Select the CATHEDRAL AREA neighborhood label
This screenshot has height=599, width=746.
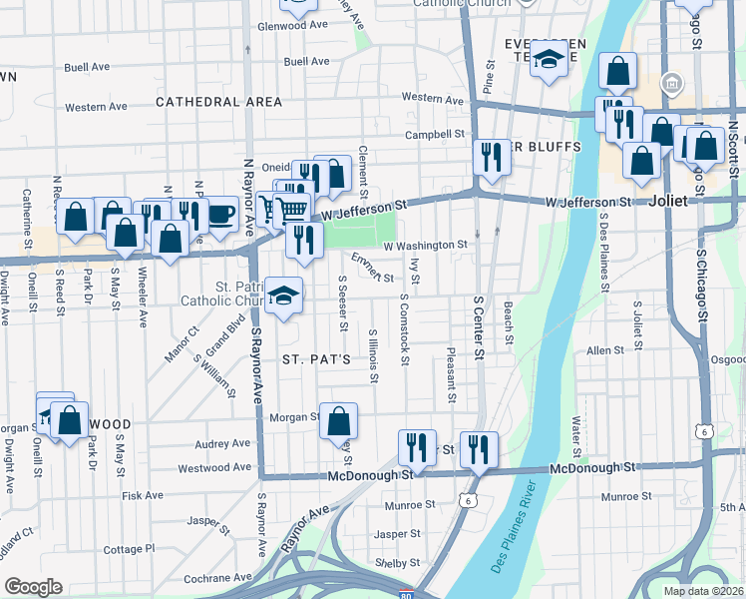211,102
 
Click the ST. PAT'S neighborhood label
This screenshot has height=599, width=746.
315,358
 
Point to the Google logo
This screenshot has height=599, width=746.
33,587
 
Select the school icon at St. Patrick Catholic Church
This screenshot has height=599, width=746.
284,294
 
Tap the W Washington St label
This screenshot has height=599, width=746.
425,245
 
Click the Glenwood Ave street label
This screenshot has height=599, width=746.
293,25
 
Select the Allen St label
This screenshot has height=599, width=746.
604,350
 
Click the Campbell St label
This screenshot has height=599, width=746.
435,134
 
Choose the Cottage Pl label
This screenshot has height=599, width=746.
130,549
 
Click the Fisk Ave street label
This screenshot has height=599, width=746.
142,495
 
